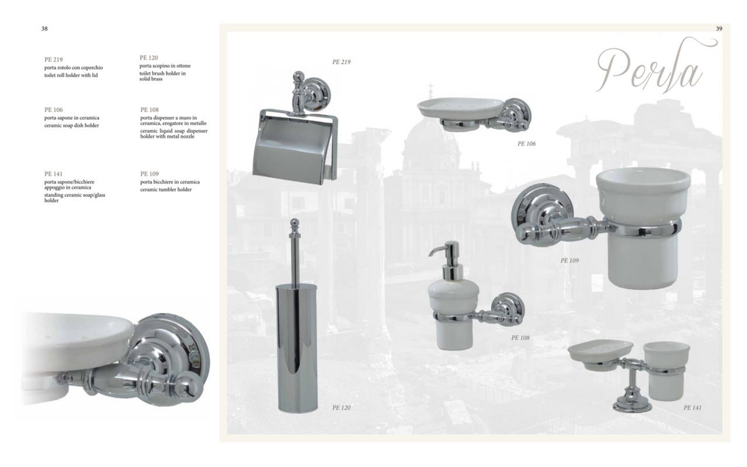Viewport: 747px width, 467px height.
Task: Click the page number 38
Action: (x=45, y=29)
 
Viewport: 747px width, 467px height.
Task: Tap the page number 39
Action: (x=719, y=29)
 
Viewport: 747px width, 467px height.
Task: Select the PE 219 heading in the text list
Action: (x=53, y=59)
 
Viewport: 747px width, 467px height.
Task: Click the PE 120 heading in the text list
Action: (x=149, y=58)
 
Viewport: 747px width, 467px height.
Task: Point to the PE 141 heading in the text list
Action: (x=53, y=174)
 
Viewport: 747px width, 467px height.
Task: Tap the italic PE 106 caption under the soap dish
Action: (x=526, y=144)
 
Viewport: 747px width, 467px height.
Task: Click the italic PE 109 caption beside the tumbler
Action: (x=570, y=260)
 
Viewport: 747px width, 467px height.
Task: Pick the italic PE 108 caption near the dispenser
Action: (x=520, y=338)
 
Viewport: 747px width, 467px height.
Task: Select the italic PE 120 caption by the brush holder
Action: (x=341, y=408)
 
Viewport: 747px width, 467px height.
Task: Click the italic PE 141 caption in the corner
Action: (x=692, y=408)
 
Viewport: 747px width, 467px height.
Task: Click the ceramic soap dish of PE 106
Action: (x=460, y=108)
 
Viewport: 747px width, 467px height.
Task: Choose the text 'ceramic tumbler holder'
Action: (x=166, y=190)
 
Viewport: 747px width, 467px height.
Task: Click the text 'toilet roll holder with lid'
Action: (x=71, y=75)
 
